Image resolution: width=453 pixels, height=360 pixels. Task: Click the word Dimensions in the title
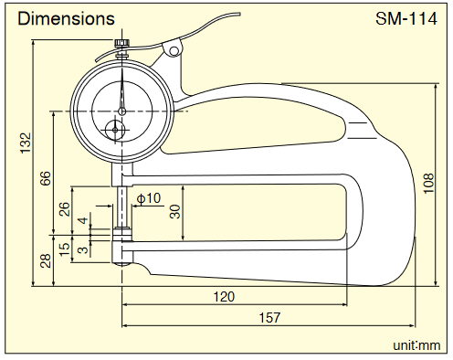click(x=66, y=18)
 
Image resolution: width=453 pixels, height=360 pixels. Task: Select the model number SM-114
click(x=406, y=19)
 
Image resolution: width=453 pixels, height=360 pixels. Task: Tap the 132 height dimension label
click(x=26, y=143)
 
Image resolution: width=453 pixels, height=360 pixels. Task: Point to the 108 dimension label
click(x=428, y=183)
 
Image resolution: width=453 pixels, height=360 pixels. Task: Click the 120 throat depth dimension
click(x=224, y=297)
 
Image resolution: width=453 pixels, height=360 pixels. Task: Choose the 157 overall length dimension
click(x=269, y=318)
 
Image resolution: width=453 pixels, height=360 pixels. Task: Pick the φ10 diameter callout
click(x=148, y=198)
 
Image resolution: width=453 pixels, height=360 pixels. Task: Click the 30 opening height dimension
click(x=175, y=212)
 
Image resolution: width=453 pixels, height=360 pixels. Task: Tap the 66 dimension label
click(x=45, y=178)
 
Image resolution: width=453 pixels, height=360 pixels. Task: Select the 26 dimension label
click(x=64, y=209)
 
